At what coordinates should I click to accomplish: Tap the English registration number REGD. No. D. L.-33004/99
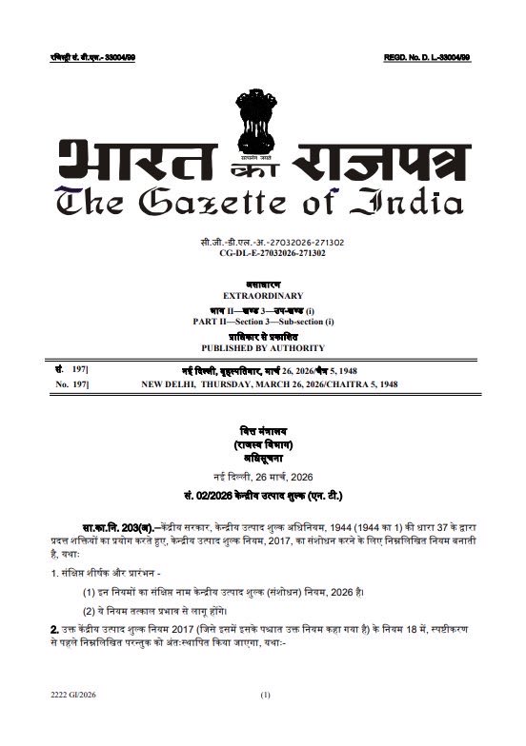click(x=427, y=60)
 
